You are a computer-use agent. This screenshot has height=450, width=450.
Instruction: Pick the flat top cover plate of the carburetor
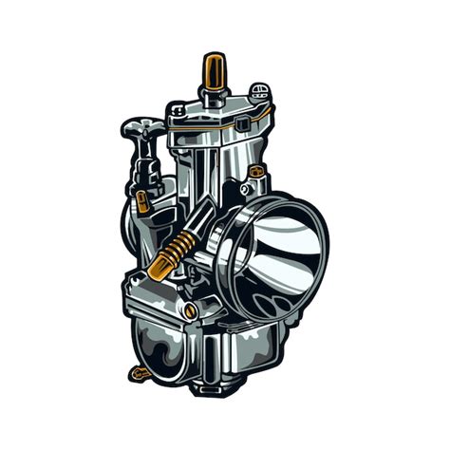click(x=216, y=114)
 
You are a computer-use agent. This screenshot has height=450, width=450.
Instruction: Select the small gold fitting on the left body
click(x=142, y=201)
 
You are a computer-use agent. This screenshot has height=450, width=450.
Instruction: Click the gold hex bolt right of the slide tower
click(x=254, y=173)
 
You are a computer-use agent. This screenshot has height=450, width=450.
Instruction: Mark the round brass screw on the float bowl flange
click(x=190, y=310)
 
